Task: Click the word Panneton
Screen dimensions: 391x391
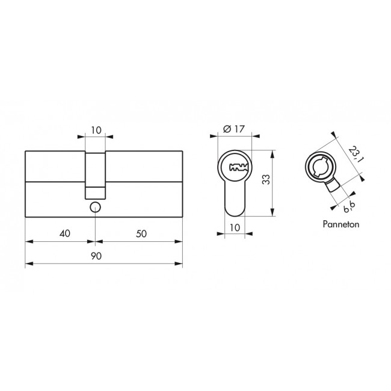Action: tap(341, 224)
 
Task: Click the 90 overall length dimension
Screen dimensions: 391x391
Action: tap(96, 256)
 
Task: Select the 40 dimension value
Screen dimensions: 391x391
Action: tap(65, 233)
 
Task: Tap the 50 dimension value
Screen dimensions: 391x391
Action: tap(141, 233)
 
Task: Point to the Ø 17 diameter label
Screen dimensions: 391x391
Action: tap(234, 129)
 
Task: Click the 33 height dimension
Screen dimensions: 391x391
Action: tap(266, 179)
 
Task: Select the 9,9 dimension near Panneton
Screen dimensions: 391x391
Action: tap(349, 206)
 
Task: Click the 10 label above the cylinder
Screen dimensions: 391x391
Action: tap(96, 130)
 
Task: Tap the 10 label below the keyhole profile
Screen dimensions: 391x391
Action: tap(235, 227)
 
